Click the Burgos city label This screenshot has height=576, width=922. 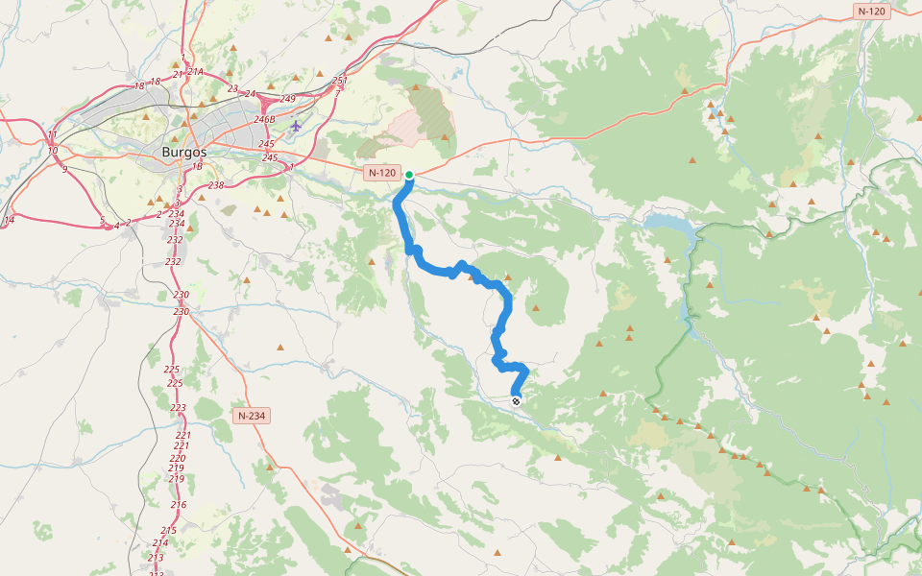coord(183,152)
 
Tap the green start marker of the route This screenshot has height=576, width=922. coord(409,175)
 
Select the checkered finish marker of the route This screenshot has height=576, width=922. coord(517,401)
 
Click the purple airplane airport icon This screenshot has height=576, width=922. coord(296,125)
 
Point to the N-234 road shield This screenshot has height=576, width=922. coord(252,416)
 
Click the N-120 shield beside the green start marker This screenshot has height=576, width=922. coord(381,173)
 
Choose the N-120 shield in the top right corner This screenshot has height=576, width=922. coord(871,12)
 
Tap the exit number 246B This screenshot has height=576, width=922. coord(265,120)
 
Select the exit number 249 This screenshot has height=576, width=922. coord(288,99)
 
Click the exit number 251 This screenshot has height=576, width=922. coord(338,81)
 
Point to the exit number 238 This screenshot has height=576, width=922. coord(215,185)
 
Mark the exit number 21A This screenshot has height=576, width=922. coord(195,72)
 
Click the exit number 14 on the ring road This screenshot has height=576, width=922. coord(9,220)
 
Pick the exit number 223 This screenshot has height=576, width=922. coord(179,408)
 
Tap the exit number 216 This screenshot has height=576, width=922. coord(179,504)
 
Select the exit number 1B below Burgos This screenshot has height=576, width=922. coord(197,166)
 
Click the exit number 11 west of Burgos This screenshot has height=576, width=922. coord(52,134)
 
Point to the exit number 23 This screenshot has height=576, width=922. coord(232,88)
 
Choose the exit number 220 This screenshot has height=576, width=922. coord(177,458)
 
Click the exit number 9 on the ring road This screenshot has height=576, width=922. coord(64,169)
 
